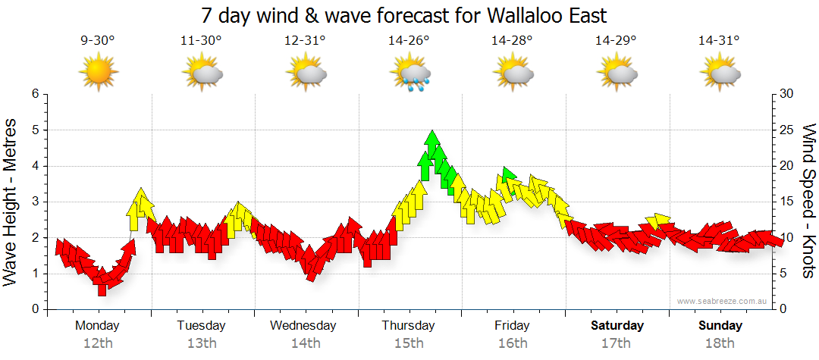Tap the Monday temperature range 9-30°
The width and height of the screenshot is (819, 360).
coord(98,41)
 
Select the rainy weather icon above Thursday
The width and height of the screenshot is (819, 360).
coord(410,74)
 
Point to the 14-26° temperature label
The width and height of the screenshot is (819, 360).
coord(409,41)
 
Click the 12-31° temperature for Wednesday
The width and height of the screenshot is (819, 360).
coord(305,41)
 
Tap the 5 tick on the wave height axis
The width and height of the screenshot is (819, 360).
coord(34,130)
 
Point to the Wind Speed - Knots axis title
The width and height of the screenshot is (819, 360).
coord(808,202)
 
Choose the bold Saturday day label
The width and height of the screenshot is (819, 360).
coord(617,326)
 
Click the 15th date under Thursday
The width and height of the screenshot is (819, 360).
coord(409,343)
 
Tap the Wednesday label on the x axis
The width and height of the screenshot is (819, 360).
coord(303,326)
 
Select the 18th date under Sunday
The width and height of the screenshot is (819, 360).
coord(720,343)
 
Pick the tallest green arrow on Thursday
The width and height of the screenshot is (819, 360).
coord(432,144)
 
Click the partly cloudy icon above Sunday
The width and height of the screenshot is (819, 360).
coord(720,74)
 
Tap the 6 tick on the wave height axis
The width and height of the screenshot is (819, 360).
coord(34,94)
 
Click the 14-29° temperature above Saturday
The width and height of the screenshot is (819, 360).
coord(616,41)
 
